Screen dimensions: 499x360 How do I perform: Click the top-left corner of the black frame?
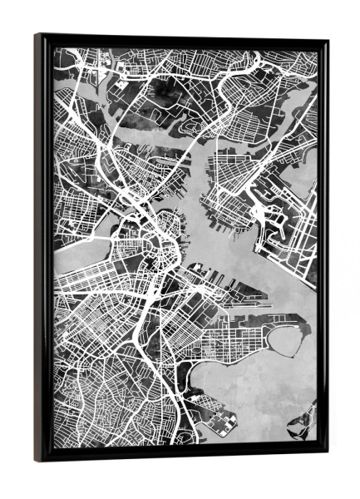[x=37, y=35]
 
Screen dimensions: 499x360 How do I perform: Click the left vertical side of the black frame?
[x=41, y=249]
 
